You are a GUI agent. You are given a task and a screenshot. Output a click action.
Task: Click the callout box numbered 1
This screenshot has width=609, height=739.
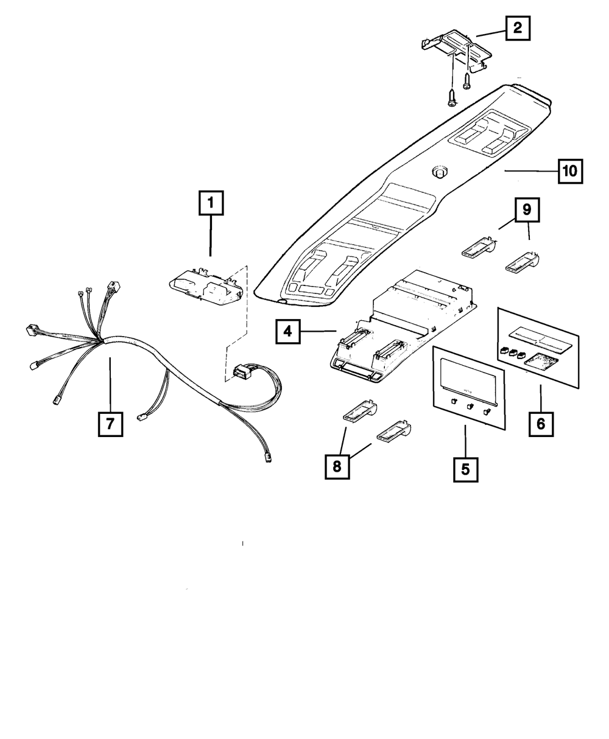(210, 203)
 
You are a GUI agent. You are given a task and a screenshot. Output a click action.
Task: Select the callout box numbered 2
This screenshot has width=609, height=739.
(517, 27)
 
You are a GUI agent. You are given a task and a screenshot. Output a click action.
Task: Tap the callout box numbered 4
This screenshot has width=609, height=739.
(288, 332)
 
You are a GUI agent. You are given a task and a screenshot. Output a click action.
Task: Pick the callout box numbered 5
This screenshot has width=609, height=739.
(465, 469)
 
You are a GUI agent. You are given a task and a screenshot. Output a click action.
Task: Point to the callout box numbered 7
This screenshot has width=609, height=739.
(110, 423)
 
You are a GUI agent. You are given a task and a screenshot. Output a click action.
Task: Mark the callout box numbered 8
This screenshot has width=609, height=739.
(337, 466)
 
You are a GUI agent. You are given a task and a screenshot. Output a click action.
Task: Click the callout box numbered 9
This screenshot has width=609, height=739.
(526, 209)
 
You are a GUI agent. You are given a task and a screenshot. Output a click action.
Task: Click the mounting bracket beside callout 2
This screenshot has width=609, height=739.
(457, 50)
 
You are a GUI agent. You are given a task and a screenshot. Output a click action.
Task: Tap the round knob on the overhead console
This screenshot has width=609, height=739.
(438, 172)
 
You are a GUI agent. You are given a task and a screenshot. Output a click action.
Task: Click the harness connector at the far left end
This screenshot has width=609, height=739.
(31, 331)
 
